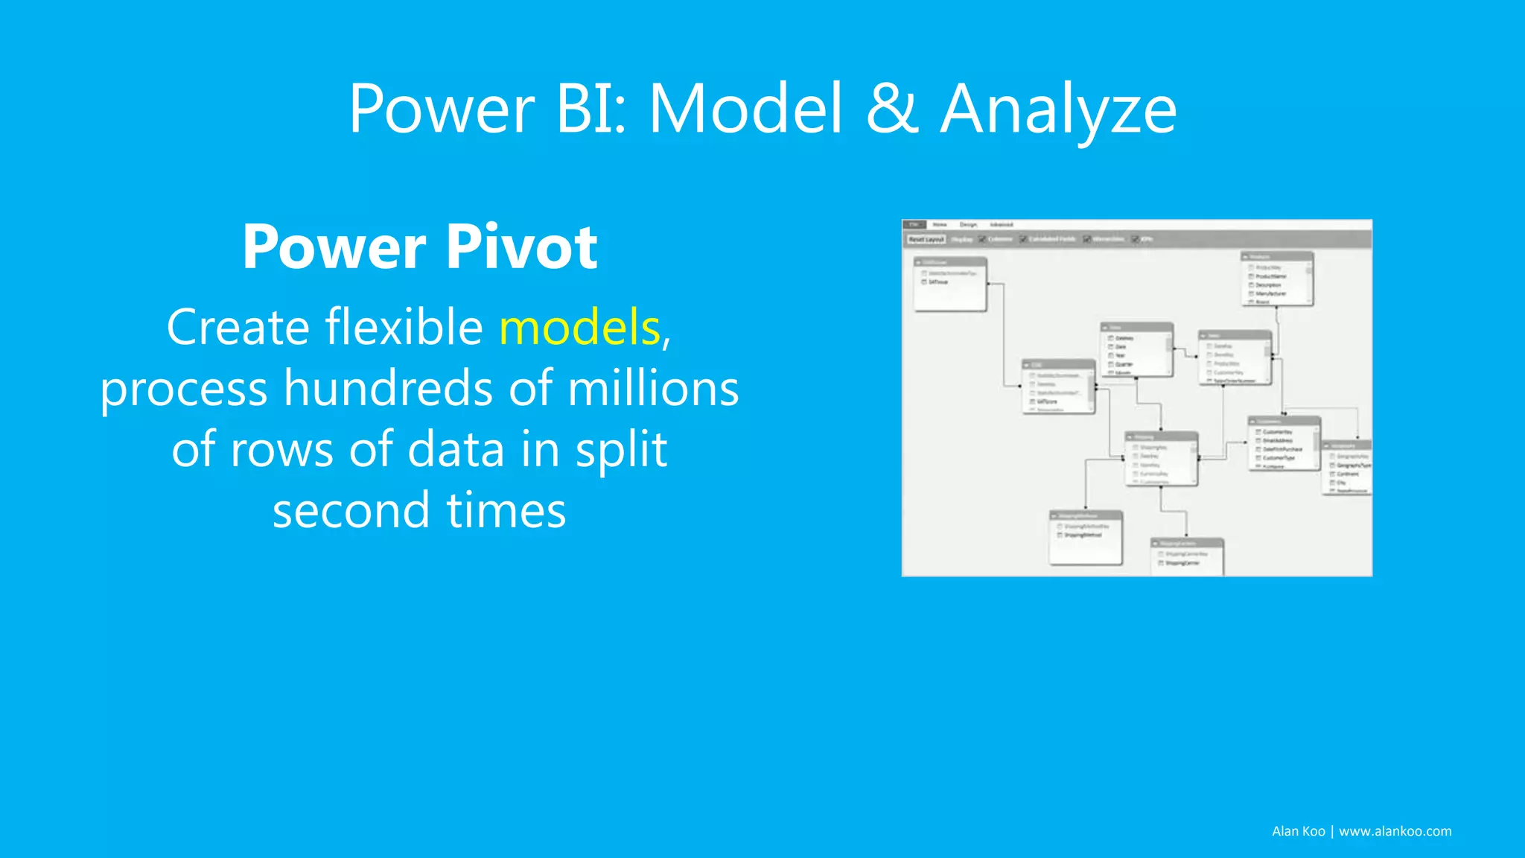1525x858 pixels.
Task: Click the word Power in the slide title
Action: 441,110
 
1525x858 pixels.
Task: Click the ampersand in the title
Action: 891,109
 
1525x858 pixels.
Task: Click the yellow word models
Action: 579,327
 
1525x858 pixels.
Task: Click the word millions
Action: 653,389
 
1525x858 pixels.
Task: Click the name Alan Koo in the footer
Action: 1298,831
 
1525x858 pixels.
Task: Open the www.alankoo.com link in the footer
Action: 1395,831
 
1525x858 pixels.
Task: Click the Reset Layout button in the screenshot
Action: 926,239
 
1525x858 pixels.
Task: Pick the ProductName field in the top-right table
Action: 1270,276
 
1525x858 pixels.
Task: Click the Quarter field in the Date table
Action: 1124,364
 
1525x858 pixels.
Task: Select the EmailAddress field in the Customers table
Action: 1278,441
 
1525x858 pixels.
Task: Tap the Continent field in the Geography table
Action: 1348,474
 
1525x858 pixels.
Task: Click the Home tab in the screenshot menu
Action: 940,224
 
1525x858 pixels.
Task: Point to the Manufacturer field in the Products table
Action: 1270,293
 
